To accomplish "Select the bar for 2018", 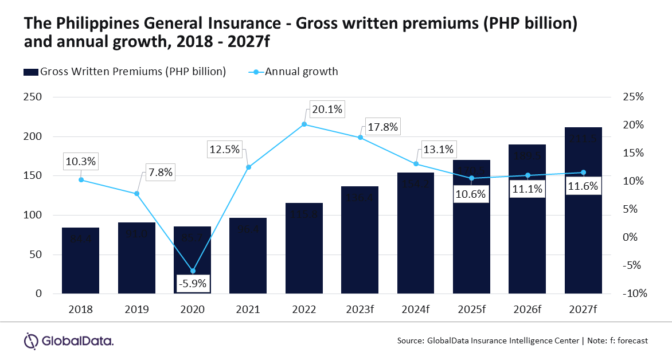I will click(81, 261).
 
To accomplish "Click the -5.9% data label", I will click(193, 283).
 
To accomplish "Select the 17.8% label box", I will click(381, 127).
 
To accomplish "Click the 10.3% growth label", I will click(81, 162).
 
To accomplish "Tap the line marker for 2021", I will click(248, 167).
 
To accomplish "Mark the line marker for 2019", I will click(136, 194).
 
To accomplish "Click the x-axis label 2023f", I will click(360, 310).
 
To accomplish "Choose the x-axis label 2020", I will click(193, 310).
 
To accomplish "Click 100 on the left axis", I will click(35, 215).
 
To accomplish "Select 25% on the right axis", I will click(634, 97).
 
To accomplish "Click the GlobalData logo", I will click(68, 341).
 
